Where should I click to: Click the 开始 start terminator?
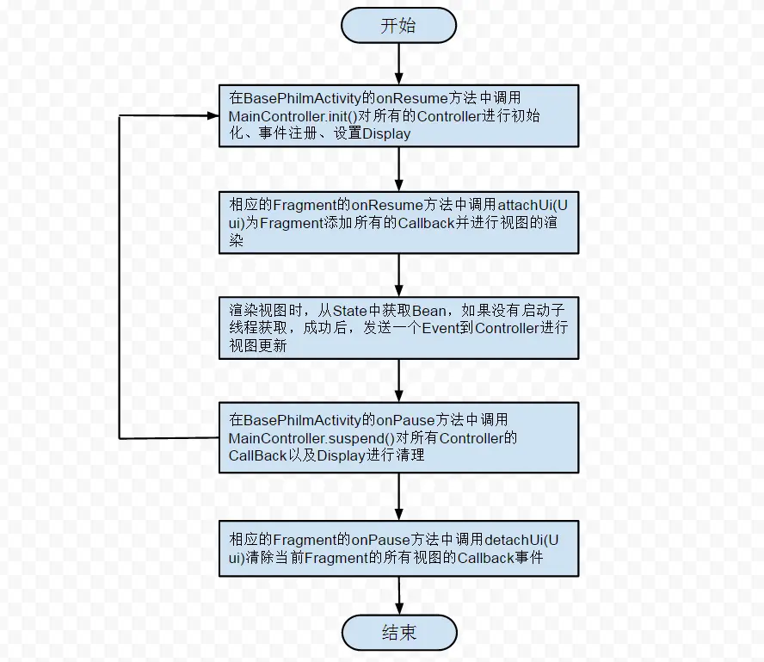[x=398, y=25]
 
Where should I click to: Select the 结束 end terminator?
[x=398, y=633]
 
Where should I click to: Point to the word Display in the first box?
[x=386, y=133]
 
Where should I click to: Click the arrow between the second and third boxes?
[x=399, y=275]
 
